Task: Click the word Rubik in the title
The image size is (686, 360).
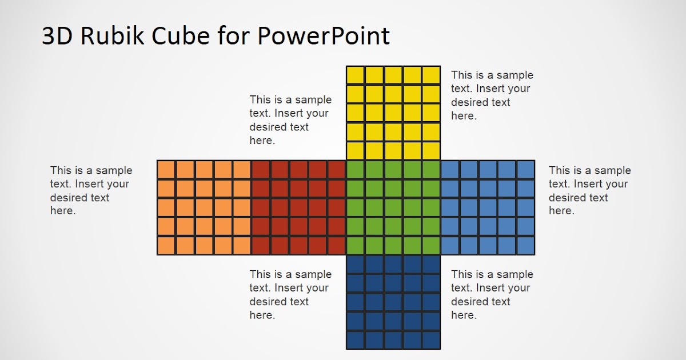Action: coord(112,35)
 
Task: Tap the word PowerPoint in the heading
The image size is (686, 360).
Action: coord(324,35)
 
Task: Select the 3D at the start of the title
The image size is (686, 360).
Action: coord(57,35)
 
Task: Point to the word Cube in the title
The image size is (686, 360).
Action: coord(181,35)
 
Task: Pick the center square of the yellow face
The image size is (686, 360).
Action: coord(393,113)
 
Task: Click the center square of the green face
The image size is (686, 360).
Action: coord(393,207)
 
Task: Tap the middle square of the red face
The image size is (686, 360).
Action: coord(298,207)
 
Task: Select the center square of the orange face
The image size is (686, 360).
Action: coord(204,207)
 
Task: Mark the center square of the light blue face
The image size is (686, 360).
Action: coord(488,207)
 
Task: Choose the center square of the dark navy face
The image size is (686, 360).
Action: coord(393,302)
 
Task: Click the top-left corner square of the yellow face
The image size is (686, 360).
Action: coord(356,75)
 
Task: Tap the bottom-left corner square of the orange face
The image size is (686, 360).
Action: coord(166,246)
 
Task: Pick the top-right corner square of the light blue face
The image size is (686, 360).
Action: coord(526,170)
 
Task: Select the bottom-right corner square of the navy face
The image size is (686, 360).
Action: coord(431,340)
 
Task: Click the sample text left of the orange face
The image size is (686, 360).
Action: coord(91,190)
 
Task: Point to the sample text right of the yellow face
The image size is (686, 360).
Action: coord(492,95)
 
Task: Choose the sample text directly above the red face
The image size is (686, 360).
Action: coord(290,119)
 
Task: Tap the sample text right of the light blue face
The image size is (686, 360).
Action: coord(590,190)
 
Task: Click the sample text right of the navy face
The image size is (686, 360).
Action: coord(492,294)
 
